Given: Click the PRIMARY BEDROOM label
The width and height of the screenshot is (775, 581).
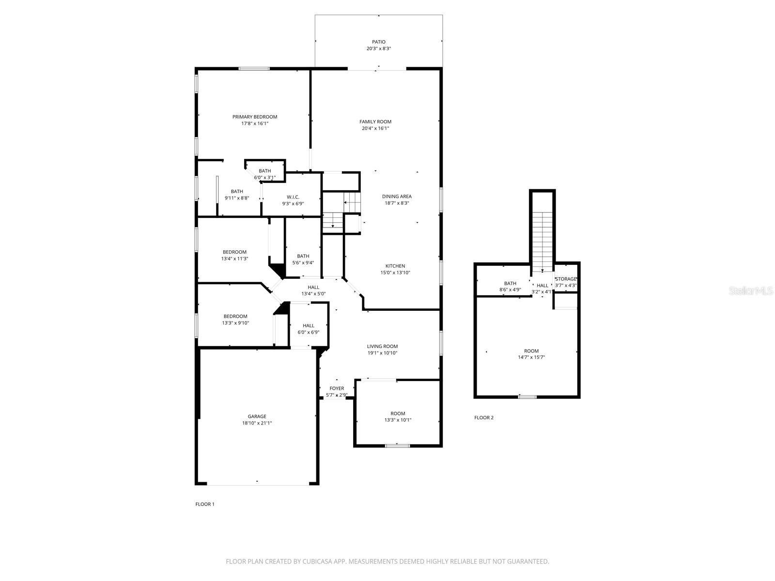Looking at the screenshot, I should [x=255, y=117].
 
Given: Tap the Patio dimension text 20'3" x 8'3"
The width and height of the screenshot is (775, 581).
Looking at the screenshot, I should [x=378, y=49].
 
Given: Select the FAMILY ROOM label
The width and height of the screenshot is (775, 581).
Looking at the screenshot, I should [x=375, y=122].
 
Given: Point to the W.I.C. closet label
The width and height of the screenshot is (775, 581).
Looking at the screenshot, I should [x=293, y=197].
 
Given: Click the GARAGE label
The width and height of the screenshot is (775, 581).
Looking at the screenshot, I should [x=257, y=416].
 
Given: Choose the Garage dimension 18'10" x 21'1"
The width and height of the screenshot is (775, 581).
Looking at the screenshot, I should [x=257, y=423].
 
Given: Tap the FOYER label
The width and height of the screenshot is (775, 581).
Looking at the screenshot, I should [x=337, y=388].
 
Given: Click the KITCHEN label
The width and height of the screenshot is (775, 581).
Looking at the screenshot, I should [x=395, y=266].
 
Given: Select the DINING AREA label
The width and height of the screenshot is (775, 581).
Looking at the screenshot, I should [x=397, y=197].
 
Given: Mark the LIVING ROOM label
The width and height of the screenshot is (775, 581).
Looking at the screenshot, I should [x=382, y=346].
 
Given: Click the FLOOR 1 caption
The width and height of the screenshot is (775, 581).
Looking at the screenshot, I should [x=204, y=504].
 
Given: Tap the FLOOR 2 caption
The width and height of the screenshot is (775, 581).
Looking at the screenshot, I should [x=483, y=417].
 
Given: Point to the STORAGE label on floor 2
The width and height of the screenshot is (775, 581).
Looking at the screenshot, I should [x=566, y=279].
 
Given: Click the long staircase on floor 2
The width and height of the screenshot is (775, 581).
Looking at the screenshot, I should [x=542, y=240].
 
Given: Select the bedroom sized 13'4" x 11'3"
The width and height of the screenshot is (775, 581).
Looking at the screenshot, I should [x=234, y=255].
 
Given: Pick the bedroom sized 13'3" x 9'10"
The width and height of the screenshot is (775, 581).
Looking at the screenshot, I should [x=235, y=320].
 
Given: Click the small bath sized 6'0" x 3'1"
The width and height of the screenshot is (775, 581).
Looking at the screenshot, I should [x=264, y=174].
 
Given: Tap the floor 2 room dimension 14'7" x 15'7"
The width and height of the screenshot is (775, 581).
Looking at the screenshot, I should [x=531, y=358].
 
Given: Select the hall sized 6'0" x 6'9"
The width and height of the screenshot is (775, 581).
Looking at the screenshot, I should [x=308, y=329].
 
